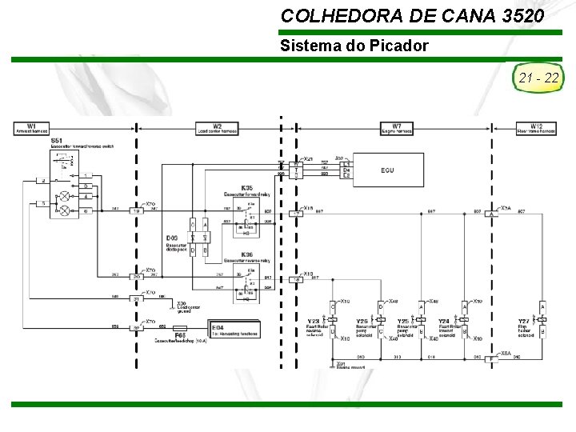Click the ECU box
point(387,170)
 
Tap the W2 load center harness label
point(217,128)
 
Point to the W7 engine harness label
point(397,128)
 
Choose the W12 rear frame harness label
point(535,128)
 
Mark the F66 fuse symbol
point(180,329)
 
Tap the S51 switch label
point(58,141)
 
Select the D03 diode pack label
point(172,238)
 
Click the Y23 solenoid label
point(314,320)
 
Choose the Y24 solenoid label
point(444,320)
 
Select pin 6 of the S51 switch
point(86,210)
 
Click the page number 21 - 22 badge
point(538,78)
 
